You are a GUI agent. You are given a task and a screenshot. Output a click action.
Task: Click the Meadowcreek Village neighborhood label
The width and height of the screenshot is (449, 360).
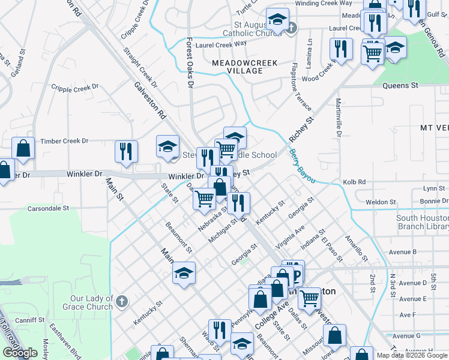[237, 66]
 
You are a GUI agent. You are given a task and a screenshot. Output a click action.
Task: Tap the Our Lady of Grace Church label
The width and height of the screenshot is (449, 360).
[91, 302]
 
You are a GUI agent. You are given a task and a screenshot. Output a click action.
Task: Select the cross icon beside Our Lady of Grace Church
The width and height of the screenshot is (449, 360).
[121, 301]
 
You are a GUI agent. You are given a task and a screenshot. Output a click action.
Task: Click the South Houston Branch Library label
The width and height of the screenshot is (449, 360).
[422, 222]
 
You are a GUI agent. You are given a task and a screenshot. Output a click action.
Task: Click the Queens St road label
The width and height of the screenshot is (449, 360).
[400, 86]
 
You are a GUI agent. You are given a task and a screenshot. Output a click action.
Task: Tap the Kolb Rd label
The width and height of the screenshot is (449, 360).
[371, 181]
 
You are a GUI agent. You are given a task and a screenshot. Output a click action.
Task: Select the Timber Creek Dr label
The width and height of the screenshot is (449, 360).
[64, 141]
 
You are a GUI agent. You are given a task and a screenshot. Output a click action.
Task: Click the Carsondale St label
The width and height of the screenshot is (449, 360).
[49, 209]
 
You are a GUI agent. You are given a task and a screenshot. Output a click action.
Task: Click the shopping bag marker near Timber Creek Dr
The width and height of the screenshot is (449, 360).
[23, 149]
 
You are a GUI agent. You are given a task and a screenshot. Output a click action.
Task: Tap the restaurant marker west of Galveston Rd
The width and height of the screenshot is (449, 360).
[126, 152]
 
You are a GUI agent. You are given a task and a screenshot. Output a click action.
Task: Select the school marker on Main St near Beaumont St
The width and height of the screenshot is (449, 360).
[184, 274]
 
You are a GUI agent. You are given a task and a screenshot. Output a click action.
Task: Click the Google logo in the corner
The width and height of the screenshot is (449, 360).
[20, 353]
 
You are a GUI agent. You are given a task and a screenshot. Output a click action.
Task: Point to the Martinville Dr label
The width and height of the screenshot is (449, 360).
[338, 118]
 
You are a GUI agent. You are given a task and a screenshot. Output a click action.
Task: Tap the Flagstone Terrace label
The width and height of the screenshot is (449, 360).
[301, 86]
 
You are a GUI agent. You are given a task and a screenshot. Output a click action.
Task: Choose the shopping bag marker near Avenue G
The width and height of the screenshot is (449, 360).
[335, 335]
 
